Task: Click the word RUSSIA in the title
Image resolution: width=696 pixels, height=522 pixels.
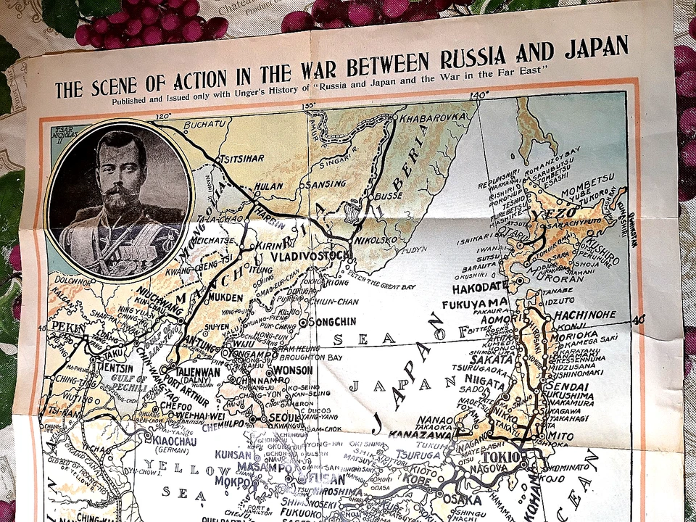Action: point(478,57)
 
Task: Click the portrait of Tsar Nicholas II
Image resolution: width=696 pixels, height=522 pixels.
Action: point(120,199)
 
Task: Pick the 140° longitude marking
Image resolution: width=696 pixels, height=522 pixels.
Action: point(478,95)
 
